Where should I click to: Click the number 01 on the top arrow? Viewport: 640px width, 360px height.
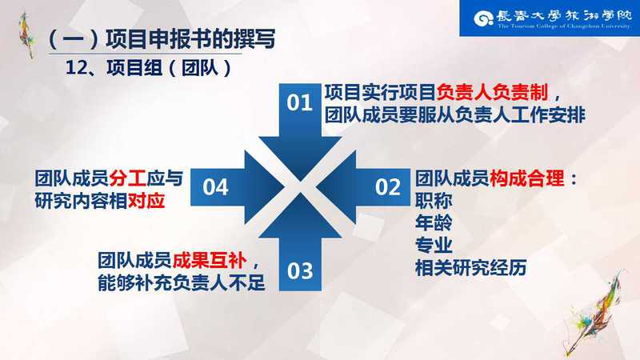(299, 102)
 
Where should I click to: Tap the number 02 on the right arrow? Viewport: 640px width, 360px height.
(388, 187)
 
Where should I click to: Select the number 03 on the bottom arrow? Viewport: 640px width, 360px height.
(300, 270)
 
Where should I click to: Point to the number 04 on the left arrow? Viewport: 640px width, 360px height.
(215, 187)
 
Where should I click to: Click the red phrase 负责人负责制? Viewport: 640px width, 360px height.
(492, 93)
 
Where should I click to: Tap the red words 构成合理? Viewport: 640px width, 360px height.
(527, 178)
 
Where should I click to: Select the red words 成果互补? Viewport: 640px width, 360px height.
(210, 261)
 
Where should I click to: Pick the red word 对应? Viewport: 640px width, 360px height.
(146, 201)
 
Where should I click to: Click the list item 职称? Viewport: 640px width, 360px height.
(434, 201)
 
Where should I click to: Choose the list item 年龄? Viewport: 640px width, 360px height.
(434, 223)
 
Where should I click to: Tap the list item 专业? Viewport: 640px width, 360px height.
(434, 246)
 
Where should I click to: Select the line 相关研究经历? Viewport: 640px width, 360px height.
(471, 268)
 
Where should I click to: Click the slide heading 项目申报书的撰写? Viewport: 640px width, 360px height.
(190, 39)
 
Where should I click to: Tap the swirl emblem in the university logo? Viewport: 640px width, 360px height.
(484, 18)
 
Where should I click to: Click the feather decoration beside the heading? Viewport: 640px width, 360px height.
(27, 35)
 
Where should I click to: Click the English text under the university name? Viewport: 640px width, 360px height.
(564, 26)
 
